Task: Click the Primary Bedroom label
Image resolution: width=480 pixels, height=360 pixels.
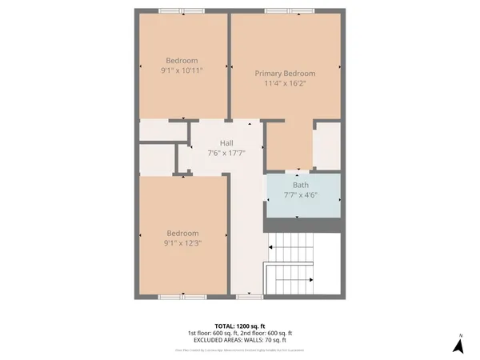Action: tap(285, 73)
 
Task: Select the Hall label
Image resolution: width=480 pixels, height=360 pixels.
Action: tap(226, 143)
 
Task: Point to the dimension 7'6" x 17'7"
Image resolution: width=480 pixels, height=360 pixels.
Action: tap(226, 153)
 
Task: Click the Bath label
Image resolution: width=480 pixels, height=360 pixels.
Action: tap(301, 185)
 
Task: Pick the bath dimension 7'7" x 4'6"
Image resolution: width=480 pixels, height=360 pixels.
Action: tap(301, 194)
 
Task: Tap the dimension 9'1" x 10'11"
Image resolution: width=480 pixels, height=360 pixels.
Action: tap(182, 70)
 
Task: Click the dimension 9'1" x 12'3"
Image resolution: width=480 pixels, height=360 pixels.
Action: tap(182, 243)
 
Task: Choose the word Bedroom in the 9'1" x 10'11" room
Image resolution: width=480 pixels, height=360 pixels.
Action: tap(182, 61)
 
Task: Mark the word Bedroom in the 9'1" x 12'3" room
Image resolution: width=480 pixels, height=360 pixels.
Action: tap(182, 234)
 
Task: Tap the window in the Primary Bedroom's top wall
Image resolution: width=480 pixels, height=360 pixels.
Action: tap(287, 10)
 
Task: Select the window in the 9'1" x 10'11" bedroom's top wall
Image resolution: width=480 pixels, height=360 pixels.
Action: tap(182, 10)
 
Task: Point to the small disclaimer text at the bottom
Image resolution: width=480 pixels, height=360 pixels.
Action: tap(240, 350)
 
